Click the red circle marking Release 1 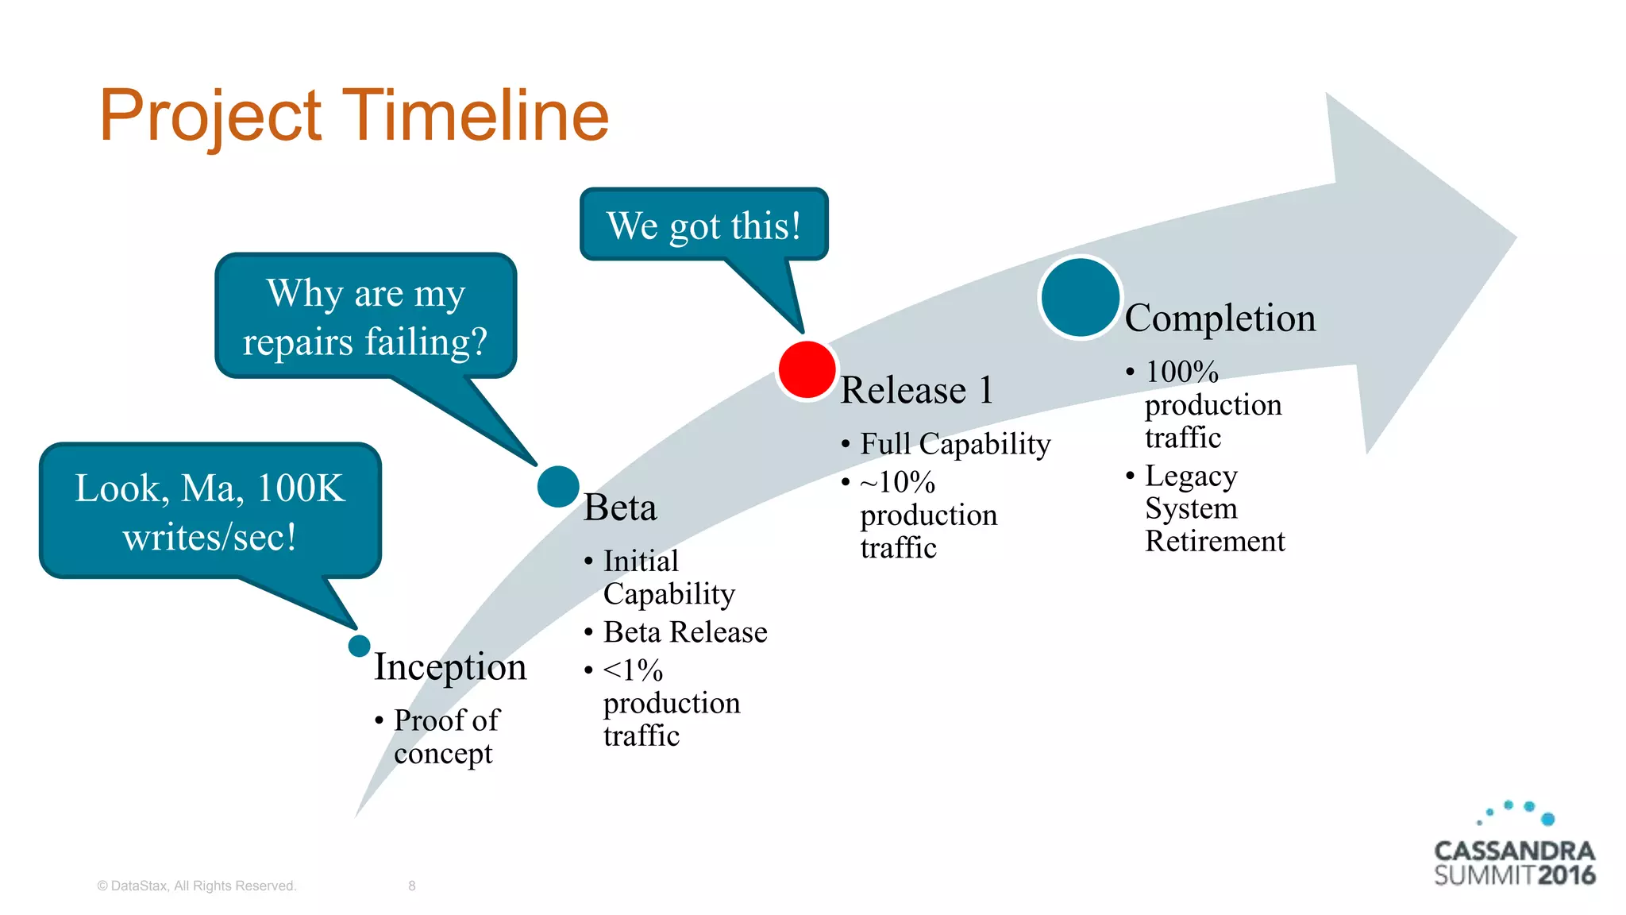tap(807, 369)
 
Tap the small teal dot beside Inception tap(359, 646)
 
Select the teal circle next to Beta tap(558, 486)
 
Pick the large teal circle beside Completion tap(1080, 298)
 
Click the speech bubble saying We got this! tap(703, 225)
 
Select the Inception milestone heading tap(450, 666)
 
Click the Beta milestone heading tap(620, 507)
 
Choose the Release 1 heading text tap(916, 390)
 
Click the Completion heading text tap(1220, 318)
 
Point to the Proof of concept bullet tap(445, 735)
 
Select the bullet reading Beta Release tap(684, 632)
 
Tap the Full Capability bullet tap(954, 443)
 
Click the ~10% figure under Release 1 tap(897, 482)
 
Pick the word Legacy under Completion tap(1191, 476)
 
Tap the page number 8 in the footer tap(412, 886)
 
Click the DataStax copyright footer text tap(196, 886)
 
